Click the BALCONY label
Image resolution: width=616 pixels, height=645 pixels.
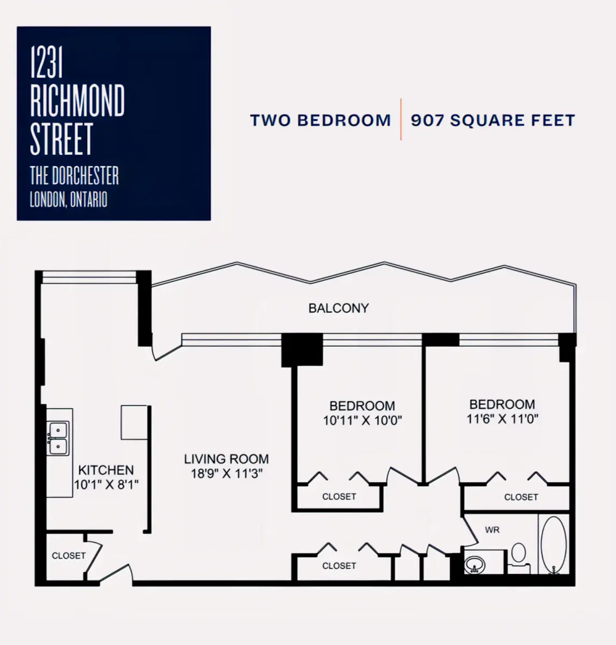(339, 308)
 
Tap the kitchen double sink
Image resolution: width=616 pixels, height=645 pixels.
(59, 438)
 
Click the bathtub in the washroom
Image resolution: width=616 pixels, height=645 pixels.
(553, 544)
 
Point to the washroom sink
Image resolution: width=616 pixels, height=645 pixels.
(475, 564)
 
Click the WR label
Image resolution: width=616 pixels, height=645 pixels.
(492, 529)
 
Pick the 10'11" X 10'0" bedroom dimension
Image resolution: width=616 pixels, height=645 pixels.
(362, 421)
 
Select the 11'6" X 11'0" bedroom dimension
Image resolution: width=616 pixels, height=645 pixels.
(502, 419)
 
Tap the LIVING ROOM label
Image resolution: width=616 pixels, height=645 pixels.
(226, 459)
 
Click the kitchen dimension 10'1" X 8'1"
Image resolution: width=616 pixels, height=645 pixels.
(106, 485)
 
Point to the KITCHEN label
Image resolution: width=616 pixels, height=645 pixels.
(106, 470)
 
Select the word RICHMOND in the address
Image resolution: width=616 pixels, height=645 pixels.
(77, 100)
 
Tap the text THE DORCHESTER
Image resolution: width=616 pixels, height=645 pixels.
(74, 175)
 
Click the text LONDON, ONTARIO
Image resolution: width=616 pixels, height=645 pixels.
(69, 199)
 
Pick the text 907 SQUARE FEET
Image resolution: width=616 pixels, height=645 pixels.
(493, 120)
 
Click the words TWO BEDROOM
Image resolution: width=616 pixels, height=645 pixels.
(320, 120)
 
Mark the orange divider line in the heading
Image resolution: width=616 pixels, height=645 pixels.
(401, 119)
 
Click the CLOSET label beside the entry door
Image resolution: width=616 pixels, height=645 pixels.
(69, 556)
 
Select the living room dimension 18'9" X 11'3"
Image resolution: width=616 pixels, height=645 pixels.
(226, 474)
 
